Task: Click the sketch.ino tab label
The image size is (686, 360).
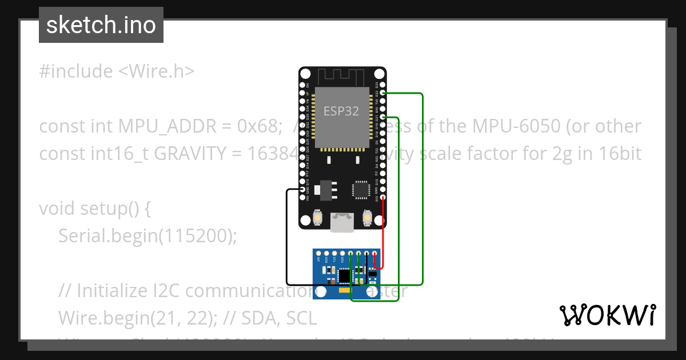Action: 101,25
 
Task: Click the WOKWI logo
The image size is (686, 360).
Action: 607,315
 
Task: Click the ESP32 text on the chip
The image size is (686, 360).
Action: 341,111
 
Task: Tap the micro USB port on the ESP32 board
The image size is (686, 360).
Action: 342,222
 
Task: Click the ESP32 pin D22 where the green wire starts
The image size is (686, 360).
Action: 383,93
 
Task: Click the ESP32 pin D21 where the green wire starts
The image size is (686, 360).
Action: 383,117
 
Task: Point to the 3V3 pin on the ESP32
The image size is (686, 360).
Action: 383,197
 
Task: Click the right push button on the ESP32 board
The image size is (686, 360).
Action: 367,218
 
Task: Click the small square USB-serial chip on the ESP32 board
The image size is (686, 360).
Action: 361,190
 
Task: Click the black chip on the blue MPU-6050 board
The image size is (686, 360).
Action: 344,277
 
